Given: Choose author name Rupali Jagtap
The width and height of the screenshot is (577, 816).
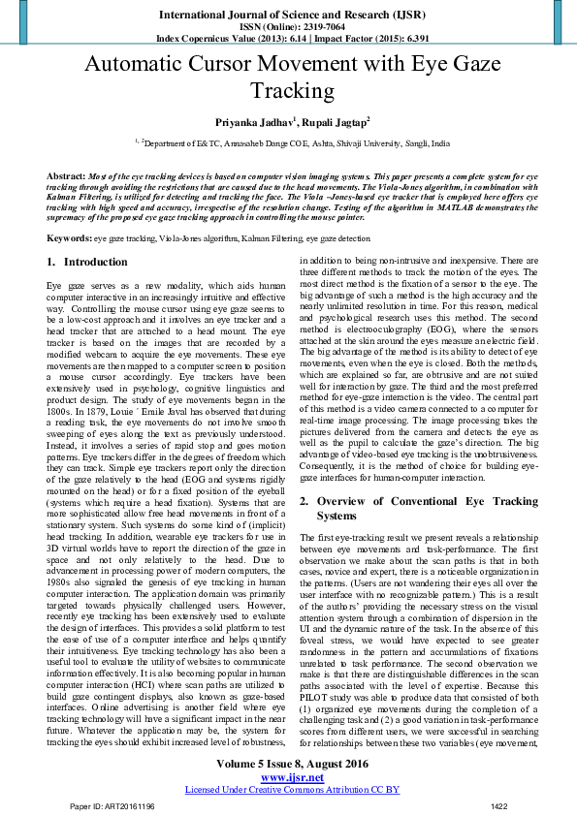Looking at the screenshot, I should point(332,123).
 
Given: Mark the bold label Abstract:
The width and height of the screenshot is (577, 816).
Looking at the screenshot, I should point(66,175).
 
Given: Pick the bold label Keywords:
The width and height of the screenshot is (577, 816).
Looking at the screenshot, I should point(70,237).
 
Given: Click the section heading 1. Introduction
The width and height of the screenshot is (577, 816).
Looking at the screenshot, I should point(86,262).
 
